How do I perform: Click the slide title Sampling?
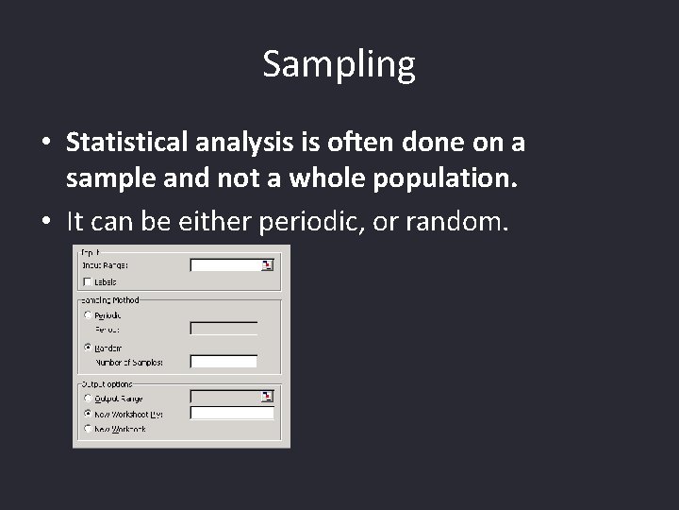[339, 64]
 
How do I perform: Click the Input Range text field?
[225, 265]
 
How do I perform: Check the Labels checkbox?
[88, 281]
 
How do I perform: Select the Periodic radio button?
[88, 314]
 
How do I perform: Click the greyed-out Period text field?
[224, 329]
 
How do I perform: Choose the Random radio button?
[88, 347]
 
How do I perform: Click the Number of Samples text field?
[224, 362]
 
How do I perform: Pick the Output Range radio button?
[88, 398]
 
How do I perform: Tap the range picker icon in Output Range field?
[268, 397]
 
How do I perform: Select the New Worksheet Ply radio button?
[88, 413]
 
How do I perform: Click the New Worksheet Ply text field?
[231, 413]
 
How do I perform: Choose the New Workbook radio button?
[88, 428]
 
